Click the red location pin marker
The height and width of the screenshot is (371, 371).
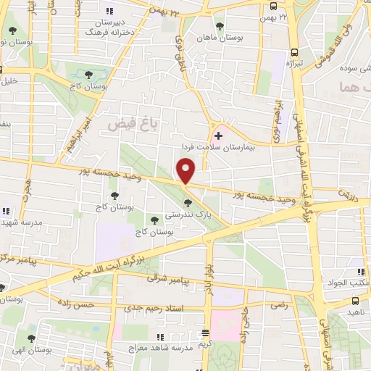186,171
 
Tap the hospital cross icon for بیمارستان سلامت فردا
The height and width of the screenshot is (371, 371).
218,136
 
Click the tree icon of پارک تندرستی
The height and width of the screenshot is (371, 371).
187,202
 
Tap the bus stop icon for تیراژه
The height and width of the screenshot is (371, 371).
294,52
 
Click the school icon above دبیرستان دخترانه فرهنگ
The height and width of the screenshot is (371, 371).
109,11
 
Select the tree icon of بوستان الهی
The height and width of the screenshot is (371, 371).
31,338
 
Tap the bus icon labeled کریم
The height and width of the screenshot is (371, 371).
206,333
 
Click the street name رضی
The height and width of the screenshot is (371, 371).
280,305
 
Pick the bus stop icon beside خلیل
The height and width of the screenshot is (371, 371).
2,71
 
